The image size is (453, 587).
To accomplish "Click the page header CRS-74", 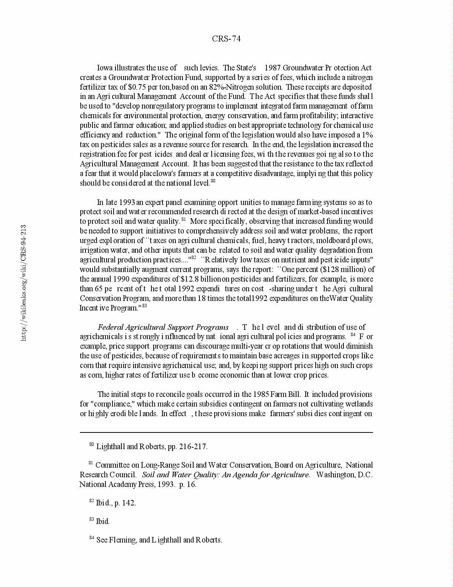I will [226, 39].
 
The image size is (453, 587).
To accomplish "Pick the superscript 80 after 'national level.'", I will [213, 181].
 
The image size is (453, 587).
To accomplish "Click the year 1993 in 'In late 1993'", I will [124, 202].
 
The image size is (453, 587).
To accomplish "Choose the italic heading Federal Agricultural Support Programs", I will [163, 327].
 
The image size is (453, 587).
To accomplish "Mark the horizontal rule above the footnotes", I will [226, 432].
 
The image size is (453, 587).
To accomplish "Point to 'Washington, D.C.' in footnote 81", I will [344, 475].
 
